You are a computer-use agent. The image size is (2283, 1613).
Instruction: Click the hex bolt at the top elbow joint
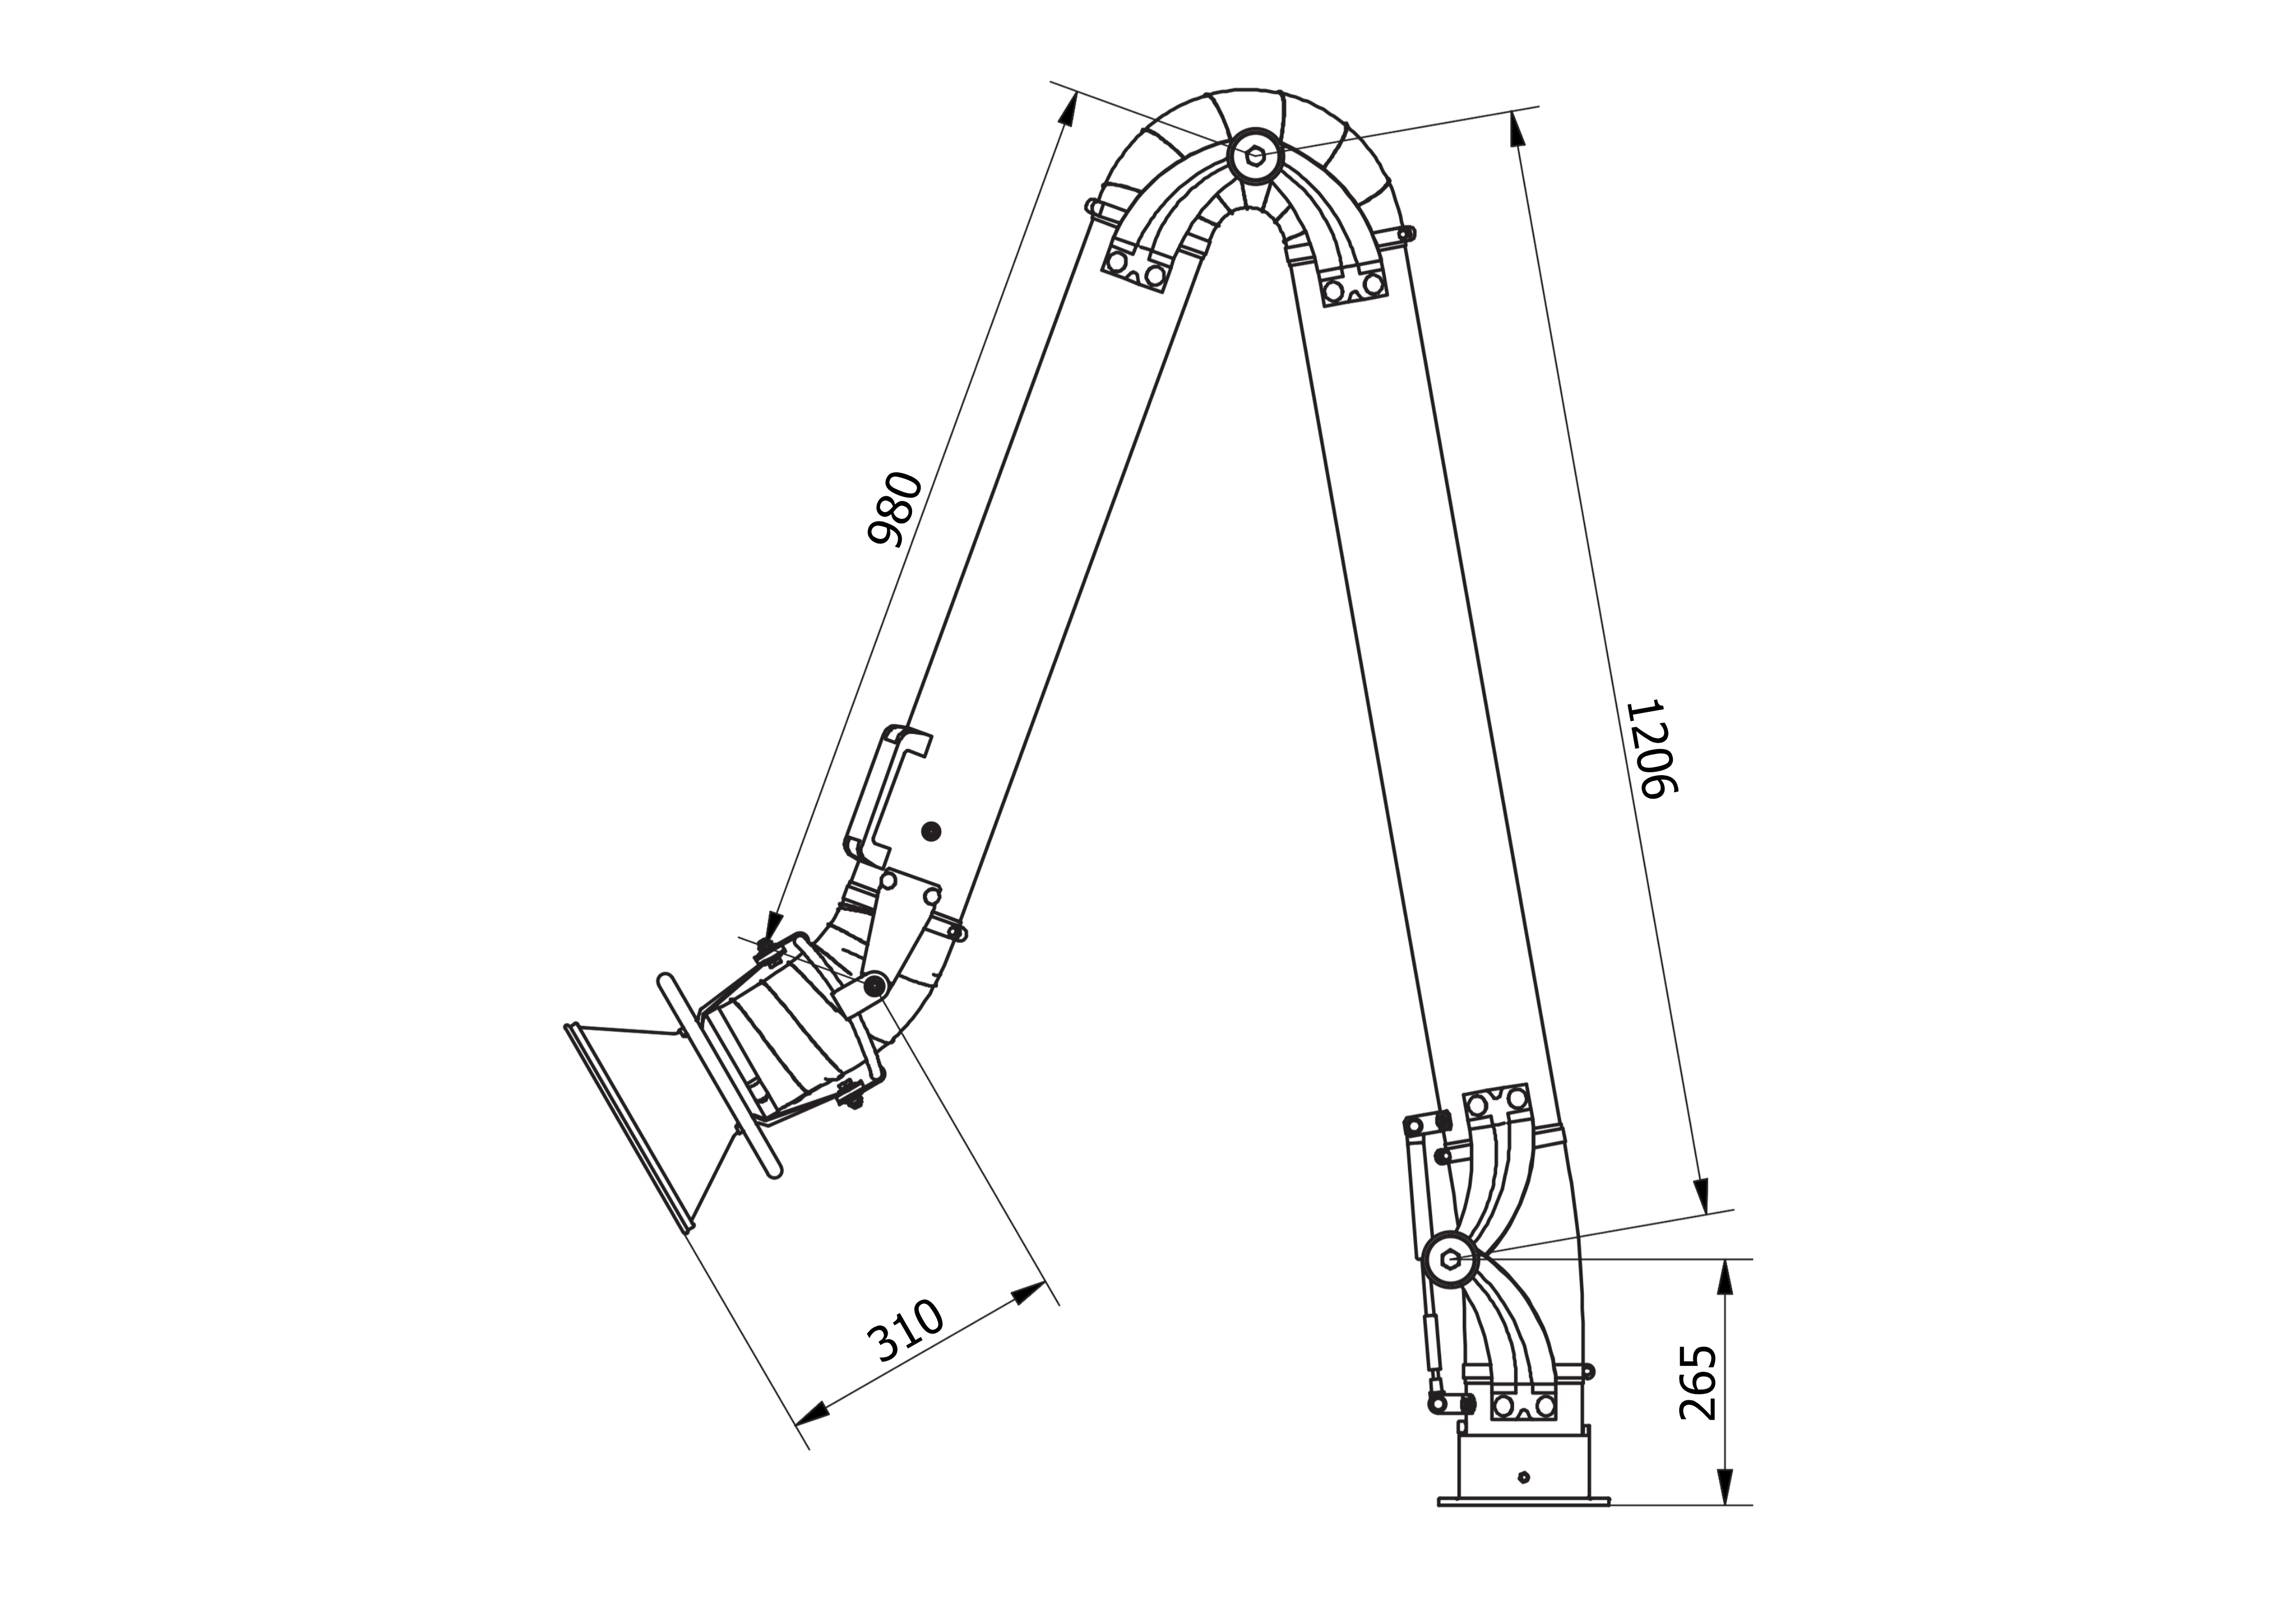(1256, 155)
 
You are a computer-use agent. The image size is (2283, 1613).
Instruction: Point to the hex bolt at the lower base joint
(1451, 1260)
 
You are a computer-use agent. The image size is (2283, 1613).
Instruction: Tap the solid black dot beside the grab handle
(931, 831)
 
